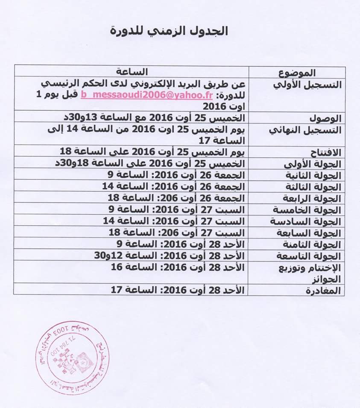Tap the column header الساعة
click(x=132, y=71)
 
